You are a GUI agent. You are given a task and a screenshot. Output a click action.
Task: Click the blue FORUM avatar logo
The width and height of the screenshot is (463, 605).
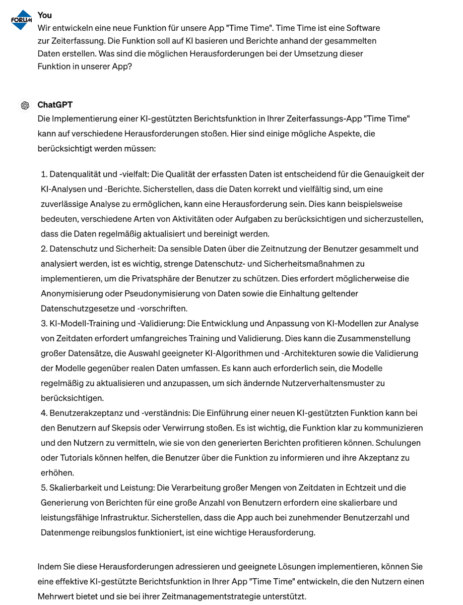click(21, 20)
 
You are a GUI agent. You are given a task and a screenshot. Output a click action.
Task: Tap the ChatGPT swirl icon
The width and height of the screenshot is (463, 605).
click(24, 105)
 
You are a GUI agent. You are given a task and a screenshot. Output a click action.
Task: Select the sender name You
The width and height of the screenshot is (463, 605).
click(44, 15)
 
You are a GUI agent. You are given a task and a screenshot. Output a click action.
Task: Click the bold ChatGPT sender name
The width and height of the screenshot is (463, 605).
click(55, 105)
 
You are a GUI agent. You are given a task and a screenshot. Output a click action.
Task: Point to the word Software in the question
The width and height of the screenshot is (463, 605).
click(364, 28)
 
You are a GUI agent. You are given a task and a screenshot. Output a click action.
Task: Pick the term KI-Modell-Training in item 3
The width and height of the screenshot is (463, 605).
click(84, 323)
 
